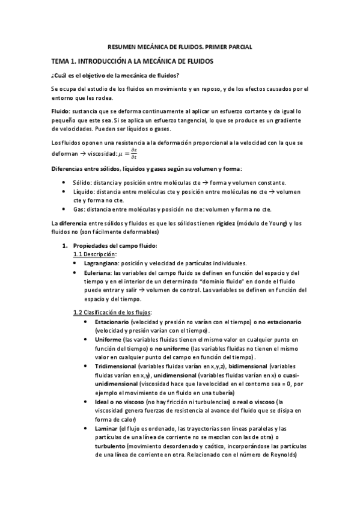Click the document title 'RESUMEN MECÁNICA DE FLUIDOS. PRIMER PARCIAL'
[180, 46]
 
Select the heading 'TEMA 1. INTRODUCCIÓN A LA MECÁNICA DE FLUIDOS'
[132, 61]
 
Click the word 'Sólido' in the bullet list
[81, 182]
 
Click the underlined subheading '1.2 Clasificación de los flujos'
[112, 312]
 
